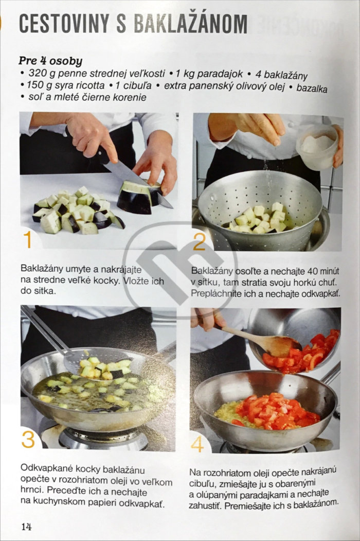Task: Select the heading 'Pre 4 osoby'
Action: click(50, 61)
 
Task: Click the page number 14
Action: click(27, 527)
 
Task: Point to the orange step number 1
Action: click(28, 239)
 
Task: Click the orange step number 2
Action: click(200, 242)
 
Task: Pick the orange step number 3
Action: click(28, 439)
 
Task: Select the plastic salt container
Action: click(317, 147)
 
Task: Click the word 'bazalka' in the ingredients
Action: click(312, 88)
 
